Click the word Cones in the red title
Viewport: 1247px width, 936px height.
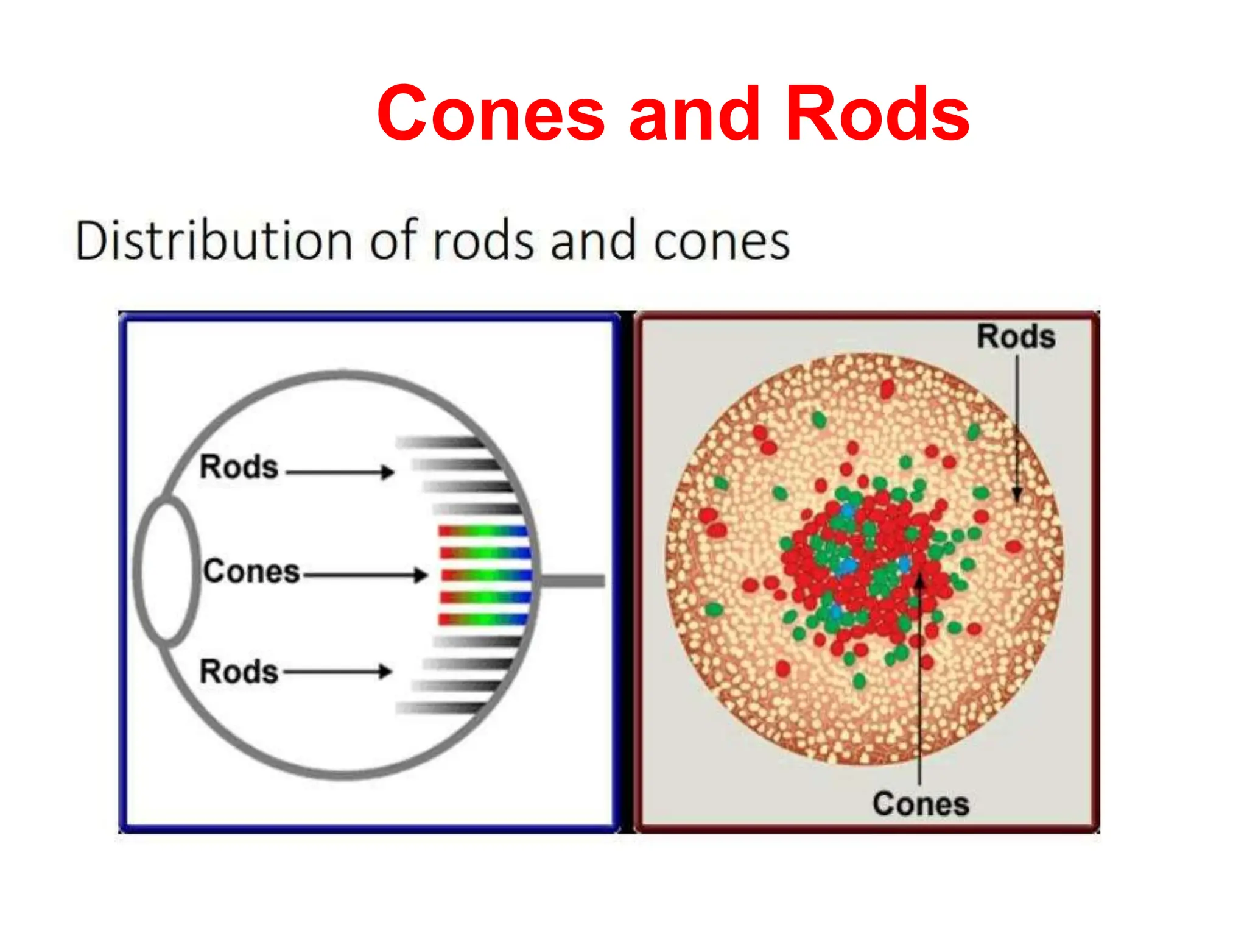[x=491, y=114]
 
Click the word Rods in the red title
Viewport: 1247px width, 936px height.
[x=877, y=114]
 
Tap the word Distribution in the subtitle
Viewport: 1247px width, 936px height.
[x=213, y=241]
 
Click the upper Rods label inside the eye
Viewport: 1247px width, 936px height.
[x=239, y=467]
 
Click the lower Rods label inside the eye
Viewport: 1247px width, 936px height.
[x=239, y=672]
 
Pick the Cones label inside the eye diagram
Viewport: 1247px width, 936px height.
[x=251, y=572]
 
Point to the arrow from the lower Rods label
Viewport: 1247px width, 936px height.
[x=337, y=672]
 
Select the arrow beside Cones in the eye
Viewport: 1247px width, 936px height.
[x=365, y=574]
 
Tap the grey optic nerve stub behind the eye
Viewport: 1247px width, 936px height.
[x=572, y=581]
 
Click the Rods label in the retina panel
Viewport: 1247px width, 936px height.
[x=1016, y=336]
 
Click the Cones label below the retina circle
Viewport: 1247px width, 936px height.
[x=920, y=804]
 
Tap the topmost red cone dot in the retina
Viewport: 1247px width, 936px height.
[x=887, y=388]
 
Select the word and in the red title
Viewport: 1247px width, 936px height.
[x=695, y=114]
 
